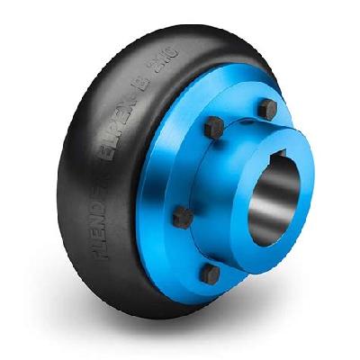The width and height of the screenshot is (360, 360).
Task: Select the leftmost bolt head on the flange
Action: [178, 215]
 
